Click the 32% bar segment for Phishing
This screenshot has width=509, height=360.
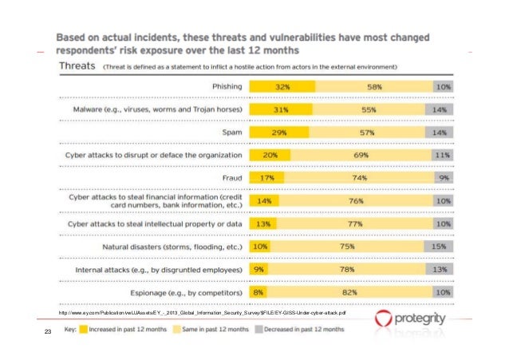282,85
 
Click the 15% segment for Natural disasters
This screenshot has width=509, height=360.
438,247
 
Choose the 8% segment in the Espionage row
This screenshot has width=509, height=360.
259,294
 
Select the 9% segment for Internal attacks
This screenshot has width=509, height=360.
260,271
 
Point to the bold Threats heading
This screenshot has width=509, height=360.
76,66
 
